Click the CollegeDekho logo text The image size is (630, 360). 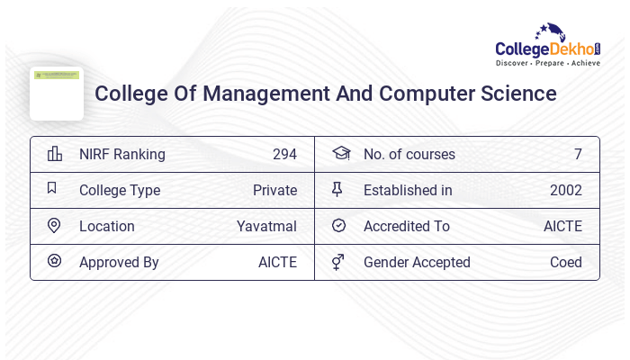(547, 49)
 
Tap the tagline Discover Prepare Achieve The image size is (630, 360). (548, 64)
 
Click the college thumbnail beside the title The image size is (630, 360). (57, 93)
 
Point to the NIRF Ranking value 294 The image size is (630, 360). (284, 154)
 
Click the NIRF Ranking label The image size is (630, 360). (122, 154)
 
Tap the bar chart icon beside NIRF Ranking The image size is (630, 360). (54, 154)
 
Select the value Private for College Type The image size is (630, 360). (274, 190)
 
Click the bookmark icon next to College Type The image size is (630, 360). (52, 189)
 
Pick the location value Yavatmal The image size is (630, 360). (266, 226)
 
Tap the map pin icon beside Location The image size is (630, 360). (54, 226)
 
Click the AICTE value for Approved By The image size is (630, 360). (277, 262)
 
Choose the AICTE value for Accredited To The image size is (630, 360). (562, 226)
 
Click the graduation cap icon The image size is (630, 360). (340, 153)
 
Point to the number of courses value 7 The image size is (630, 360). (578, 154)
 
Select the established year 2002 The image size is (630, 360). (566, 190)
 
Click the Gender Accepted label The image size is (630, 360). (417, 262)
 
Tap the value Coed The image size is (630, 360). (566, 262)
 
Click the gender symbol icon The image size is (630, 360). (338, 262)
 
